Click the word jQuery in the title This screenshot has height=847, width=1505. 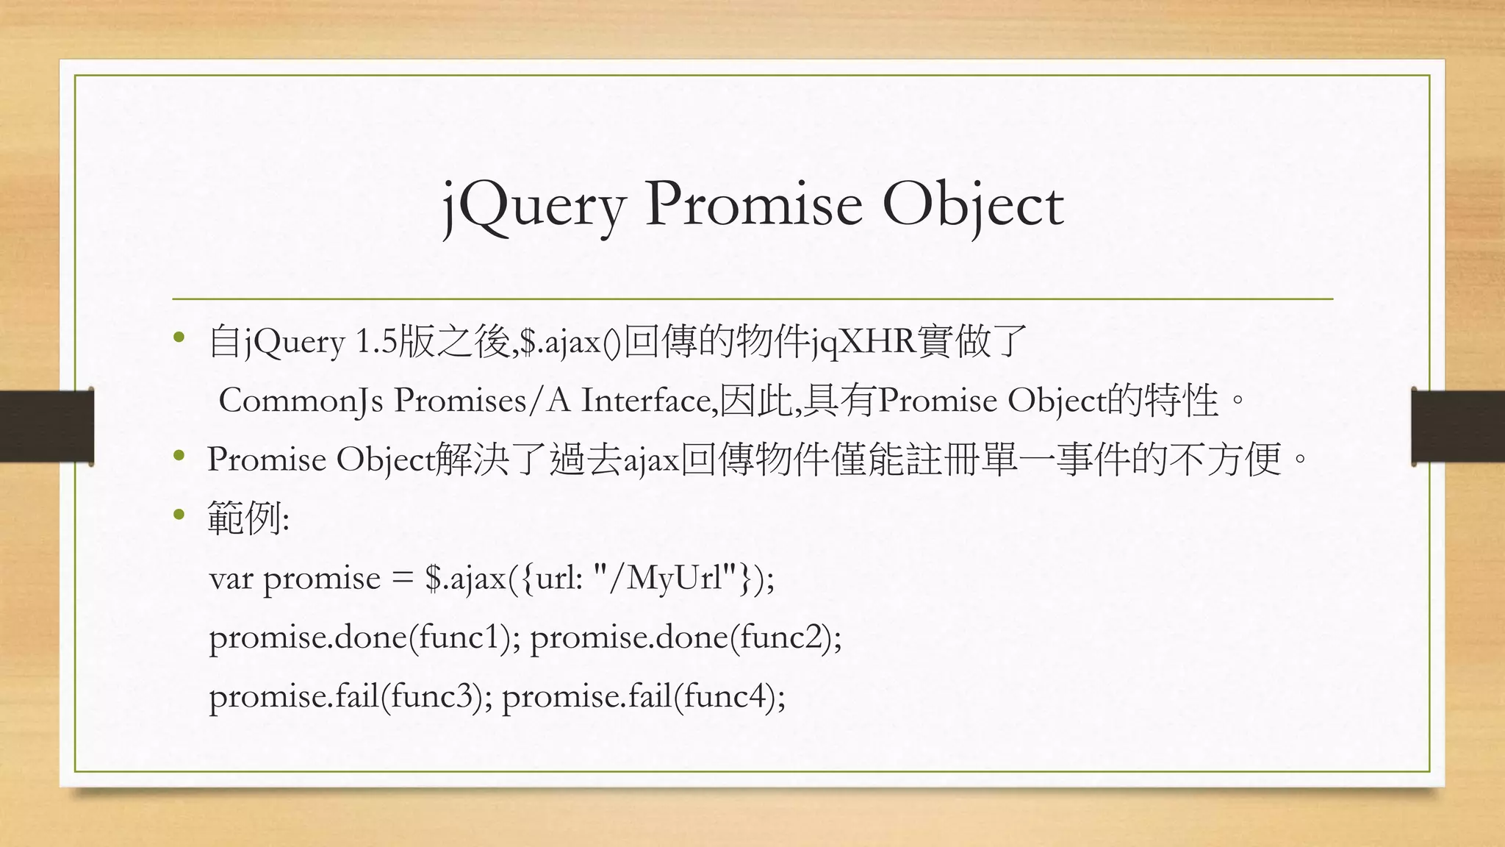coord(534,206)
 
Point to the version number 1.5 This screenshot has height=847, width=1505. coord(375,343)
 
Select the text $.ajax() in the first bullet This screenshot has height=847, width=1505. coord(570,343)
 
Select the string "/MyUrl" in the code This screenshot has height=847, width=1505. coord(664,578)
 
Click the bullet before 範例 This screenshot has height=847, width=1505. coord(179,515)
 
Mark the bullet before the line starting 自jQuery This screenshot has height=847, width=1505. coord(179,339)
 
